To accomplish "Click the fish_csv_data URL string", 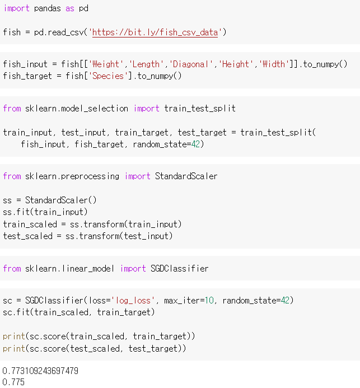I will click(155, 32).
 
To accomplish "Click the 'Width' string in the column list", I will click(273, 64).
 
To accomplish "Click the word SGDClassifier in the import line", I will click(179, 269).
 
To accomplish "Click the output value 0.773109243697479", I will click(40, 371).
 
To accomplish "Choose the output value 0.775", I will click(13, 382).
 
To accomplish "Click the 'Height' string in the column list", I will click(236, 64).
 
